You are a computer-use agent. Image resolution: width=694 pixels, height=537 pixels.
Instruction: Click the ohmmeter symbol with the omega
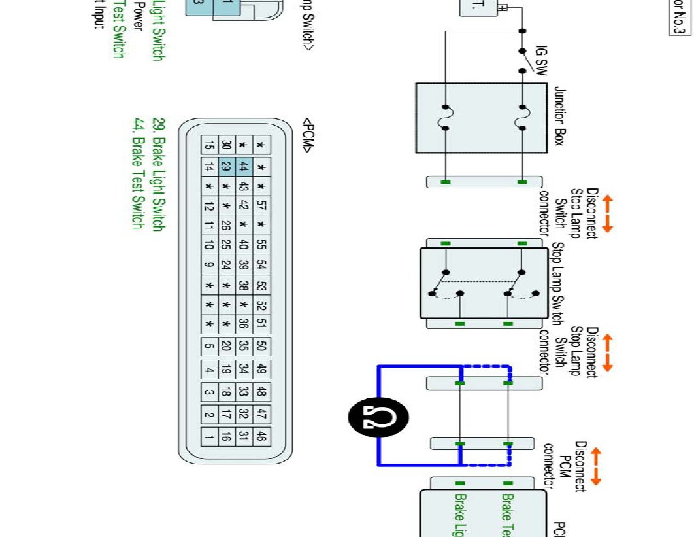378,417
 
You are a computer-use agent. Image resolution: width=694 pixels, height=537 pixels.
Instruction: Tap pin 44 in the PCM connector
244,167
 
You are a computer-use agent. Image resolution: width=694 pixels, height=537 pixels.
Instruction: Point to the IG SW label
540,61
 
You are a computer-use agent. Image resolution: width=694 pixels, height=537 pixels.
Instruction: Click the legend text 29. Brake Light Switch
157,174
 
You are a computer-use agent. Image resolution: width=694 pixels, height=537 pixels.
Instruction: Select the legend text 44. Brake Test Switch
138,173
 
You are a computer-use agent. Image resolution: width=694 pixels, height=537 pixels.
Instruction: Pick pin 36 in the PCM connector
244,322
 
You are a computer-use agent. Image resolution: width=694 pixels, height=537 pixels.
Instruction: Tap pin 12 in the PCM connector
209,206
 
